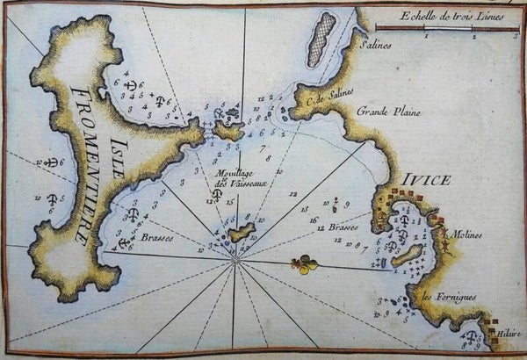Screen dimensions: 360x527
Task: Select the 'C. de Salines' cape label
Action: click(321, 109)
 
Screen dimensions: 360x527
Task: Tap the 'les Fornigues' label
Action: click(450, 297)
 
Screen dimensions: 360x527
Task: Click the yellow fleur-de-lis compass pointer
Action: click(303, 263)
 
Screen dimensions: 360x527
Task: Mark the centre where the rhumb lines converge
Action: click(235, 260)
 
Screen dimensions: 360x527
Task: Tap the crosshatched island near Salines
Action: click(321, 39)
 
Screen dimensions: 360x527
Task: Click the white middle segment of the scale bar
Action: click(449, 29)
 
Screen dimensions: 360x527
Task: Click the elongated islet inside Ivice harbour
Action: click(407, 256)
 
